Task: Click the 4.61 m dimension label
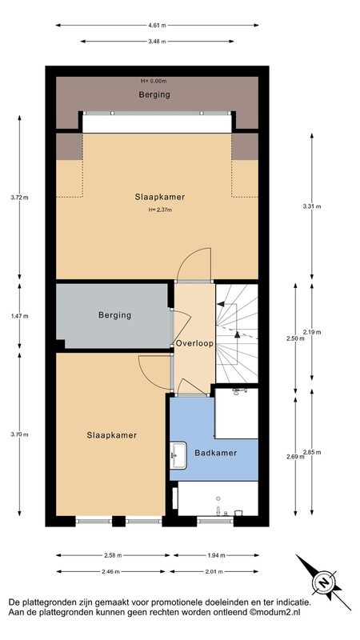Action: click(157, 26)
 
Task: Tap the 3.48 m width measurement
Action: click(157, 42)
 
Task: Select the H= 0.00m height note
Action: click(154, 81)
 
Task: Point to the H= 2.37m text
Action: click(160, 210)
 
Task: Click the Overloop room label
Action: click(194, 344)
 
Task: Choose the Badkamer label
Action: click(215, 453)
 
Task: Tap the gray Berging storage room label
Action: click(114, 315)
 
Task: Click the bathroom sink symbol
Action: click(178, 455)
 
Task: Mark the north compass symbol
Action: click(324, 582)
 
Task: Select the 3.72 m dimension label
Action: click(19, 198)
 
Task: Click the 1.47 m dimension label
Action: click(19, 316)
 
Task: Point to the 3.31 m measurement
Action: click(312, 206)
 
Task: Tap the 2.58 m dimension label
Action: click(113, 555)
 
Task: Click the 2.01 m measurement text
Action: click(214, 571)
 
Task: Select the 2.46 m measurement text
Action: click(110, 571)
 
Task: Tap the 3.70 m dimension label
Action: click(19, 434)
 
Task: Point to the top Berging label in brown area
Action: click(154, 95)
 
